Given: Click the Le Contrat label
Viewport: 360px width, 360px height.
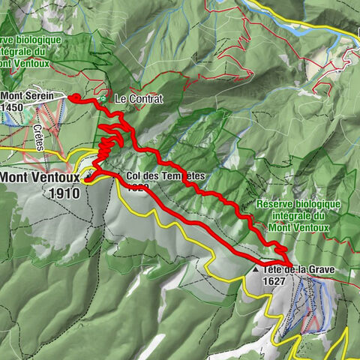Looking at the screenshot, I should [138, 99].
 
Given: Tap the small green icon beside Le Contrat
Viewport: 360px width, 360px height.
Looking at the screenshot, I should [102, 98].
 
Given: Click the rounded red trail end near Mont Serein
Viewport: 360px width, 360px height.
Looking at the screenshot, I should [73, 97].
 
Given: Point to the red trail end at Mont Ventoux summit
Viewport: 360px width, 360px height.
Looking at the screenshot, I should [87, 180].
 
